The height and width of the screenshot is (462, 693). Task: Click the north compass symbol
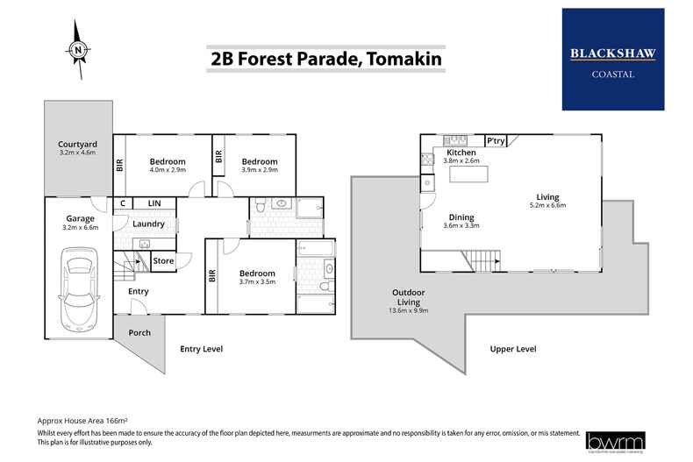click(x=79, y=51)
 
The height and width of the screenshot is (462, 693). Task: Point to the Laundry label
click(x=149, y=224)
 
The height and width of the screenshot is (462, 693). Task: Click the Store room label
click(x=164, y=260)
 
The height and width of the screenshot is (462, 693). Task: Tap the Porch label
click(x=140, y=333)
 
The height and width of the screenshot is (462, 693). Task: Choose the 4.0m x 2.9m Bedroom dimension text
click(x=167, y=173)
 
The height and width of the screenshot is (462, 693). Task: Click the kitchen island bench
click(x=468, y=175)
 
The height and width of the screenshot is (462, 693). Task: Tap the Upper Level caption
click(x=513, y=349)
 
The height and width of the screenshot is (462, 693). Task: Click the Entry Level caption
click(x=201, y=349)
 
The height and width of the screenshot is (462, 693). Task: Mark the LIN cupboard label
click(x=154, y=203)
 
